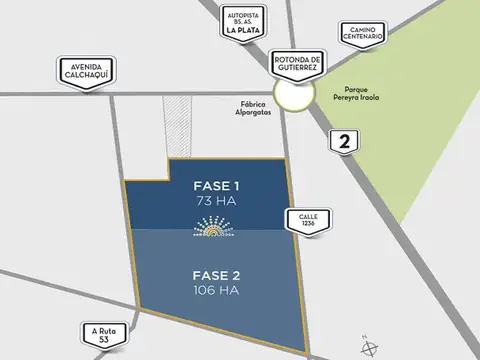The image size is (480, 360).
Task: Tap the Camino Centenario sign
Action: click(x=362, y=34)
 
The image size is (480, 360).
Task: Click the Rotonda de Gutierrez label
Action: click(x=296, y=63)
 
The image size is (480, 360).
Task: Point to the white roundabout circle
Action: click(x=295, y=95)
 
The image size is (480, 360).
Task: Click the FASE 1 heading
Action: click(x=216, y=186)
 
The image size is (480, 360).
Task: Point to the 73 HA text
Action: click(x=216, y=202)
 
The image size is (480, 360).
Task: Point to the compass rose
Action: click(x=371, y=347)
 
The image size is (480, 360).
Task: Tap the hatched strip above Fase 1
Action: click(x=183, y=127)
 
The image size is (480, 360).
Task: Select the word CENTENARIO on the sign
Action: click(x=362, y=39)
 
